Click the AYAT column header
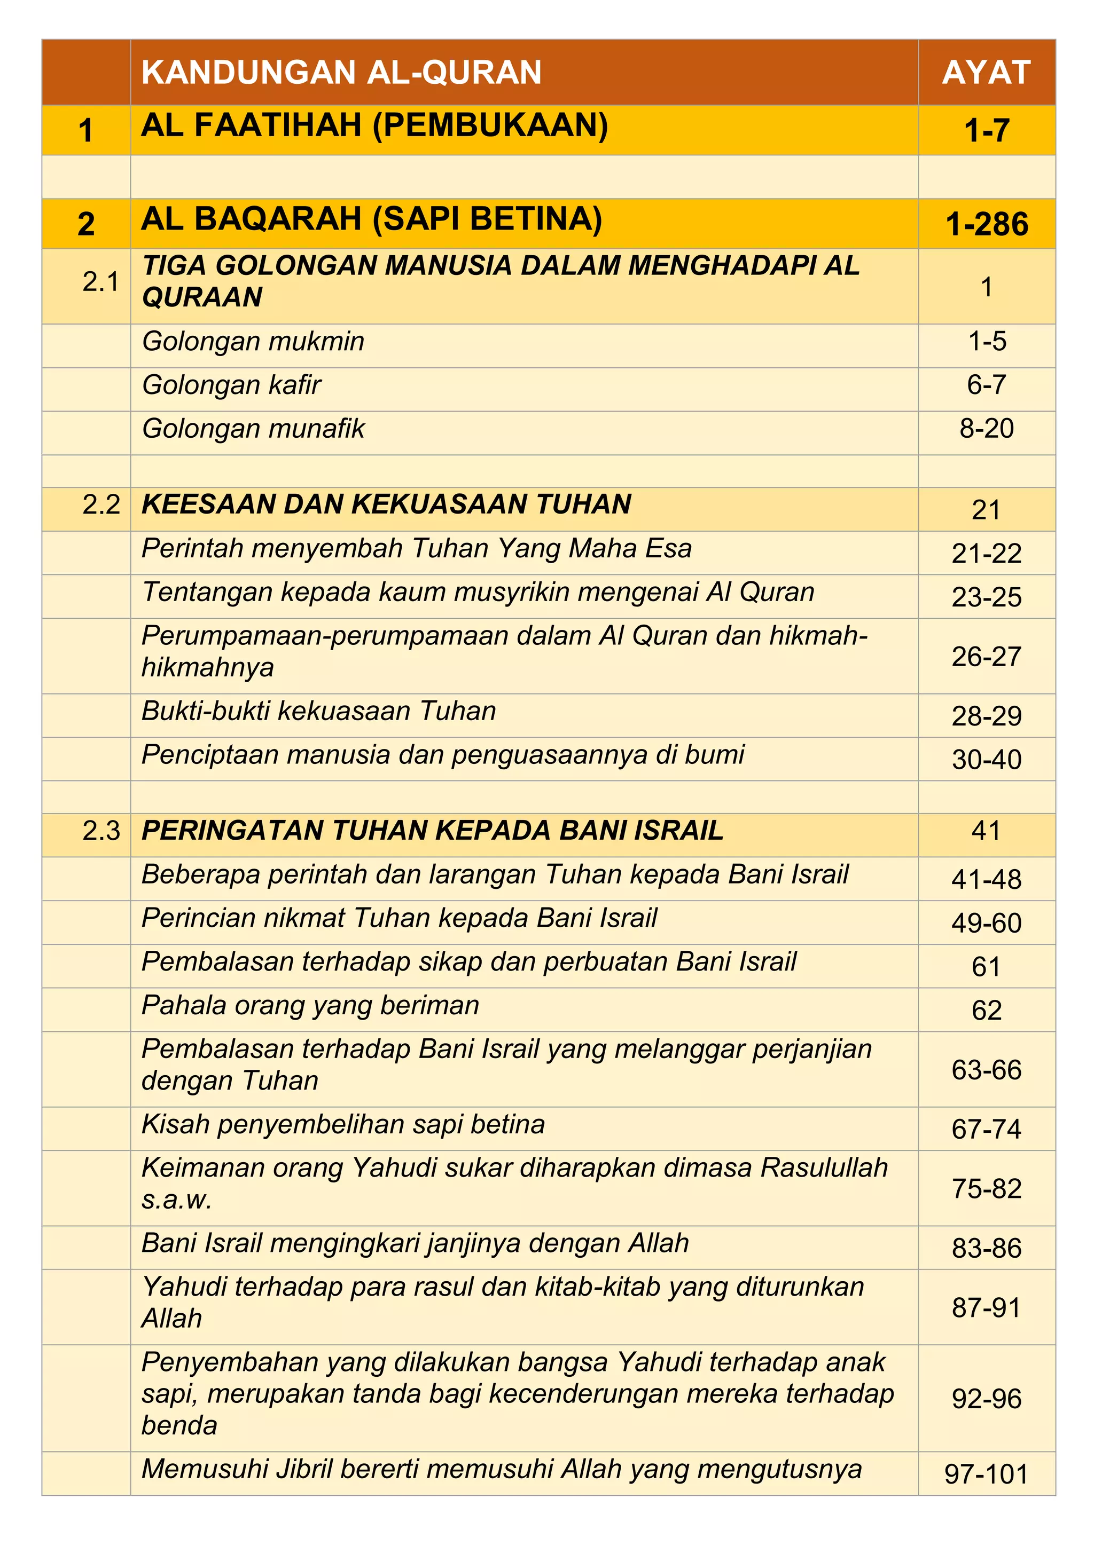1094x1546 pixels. (986, 73)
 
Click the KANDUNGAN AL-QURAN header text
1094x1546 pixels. (341, 73)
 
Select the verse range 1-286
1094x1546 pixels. (986, 224)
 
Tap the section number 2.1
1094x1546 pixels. (100, 281)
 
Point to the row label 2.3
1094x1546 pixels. (101, 831)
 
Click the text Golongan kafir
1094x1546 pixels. (232, 385)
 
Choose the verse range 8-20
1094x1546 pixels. (986, 429)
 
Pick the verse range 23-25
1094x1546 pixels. (986, 597)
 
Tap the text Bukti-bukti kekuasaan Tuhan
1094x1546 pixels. (318, 711)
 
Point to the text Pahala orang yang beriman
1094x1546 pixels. (310, 1005)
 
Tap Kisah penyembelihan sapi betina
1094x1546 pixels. (343, 1124)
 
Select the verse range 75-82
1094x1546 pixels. (986, 1189)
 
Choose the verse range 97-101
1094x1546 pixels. (986, 1474)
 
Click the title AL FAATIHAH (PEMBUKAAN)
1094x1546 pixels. (374, 125)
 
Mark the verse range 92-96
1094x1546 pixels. (986, 1399)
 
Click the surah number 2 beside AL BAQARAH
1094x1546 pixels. (86, 224)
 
